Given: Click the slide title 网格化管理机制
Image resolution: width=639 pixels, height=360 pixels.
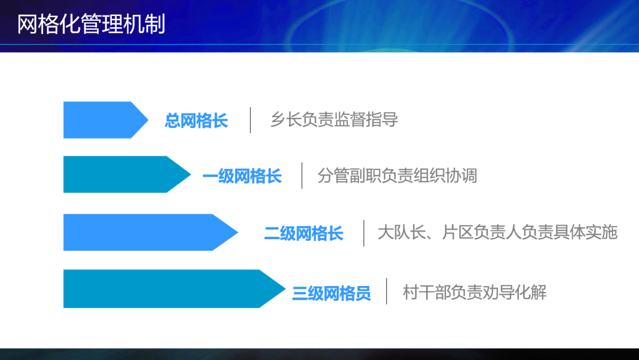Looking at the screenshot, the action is click(x=91, y=24).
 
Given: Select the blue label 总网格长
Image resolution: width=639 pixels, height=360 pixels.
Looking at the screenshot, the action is click(x=196, y=121).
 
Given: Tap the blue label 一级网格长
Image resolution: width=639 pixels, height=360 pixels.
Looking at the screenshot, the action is click(x=242, y=176).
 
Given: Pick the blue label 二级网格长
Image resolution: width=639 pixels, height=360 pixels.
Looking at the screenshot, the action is click(x=304, y=233).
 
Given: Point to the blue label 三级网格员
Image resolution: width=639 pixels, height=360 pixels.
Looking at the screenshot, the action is click(x=331, y=293).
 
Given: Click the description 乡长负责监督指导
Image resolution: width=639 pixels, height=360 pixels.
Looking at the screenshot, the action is click(x=334, y=120).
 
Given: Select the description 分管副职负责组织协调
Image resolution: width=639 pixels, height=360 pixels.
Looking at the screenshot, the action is click(x=398, y=175).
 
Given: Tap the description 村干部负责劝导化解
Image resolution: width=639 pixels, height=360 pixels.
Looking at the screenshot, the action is click(x=475, y=292).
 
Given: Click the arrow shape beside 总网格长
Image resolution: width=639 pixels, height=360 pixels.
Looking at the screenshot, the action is click(x=105, y=120).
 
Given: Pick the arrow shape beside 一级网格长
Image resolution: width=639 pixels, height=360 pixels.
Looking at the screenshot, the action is click(x=127, y=175).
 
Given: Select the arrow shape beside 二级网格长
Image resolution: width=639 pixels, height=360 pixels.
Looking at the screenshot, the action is click(x=150, y=232).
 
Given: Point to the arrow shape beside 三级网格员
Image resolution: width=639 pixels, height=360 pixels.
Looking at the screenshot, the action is click(x=174, y=289).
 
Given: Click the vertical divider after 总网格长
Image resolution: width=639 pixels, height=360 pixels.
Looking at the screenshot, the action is click(x=250, y=120).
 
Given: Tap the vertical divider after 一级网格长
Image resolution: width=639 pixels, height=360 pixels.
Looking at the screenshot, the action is click(x=302, y=176).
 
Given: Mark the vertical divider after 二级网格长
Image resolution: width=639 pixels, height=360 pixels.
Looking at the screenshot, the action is click(x=364, y=233).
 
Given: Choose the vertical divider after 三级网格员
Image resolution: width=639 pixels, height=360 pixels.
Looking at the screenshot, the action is click(x=387, y=291).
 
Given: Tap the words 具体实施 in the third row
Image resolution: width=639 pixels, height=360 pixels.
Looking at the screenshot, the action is click(x=586, y=232).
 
